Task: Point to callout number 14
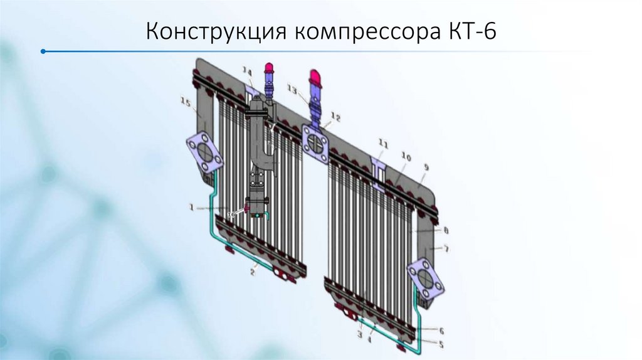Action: click(x=248, y=71)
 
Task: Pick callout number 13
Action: click(x=292, y=88)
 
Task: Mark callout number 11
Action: click(x=383, y=144)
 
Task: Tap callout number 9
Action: click(x=426, y=167)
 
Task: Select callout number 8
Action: click(x=446, y=230)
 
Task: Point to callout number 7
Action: click(x=446, y=249)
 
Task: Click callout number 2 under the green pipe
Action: click(x=254, y=272)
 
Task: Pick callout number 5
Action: click(x=441, y=344)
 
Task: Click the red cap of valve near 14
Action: click(x=270, y=68)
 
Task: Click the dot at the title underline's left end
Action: click(x=42, y=51)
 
